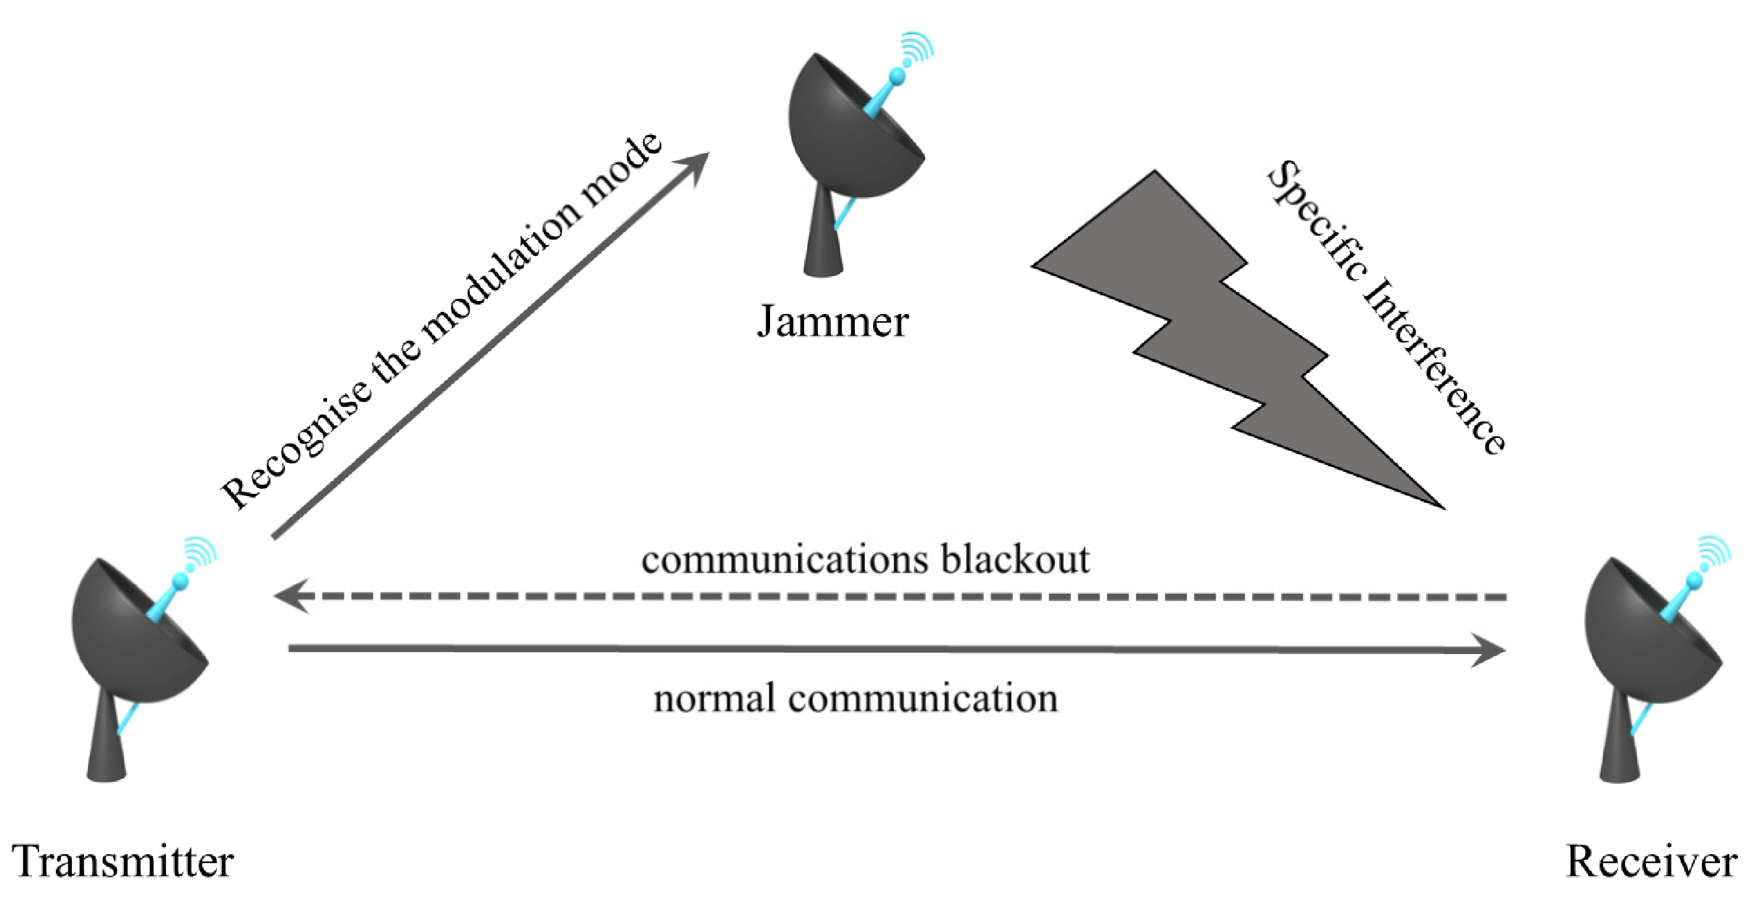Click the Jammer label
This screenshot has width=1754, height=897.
point(832,321)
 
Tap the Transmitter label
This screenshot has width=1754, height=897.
point(123,861)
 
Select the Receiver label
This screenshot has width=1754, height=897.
point(1651,861)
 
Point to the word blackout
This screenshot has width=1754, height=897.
point(1014,560)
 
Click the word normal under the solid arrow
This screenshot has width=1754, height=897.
point(713,699)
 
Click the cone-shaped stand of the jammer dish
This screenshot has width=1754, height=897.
point(823,239)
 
